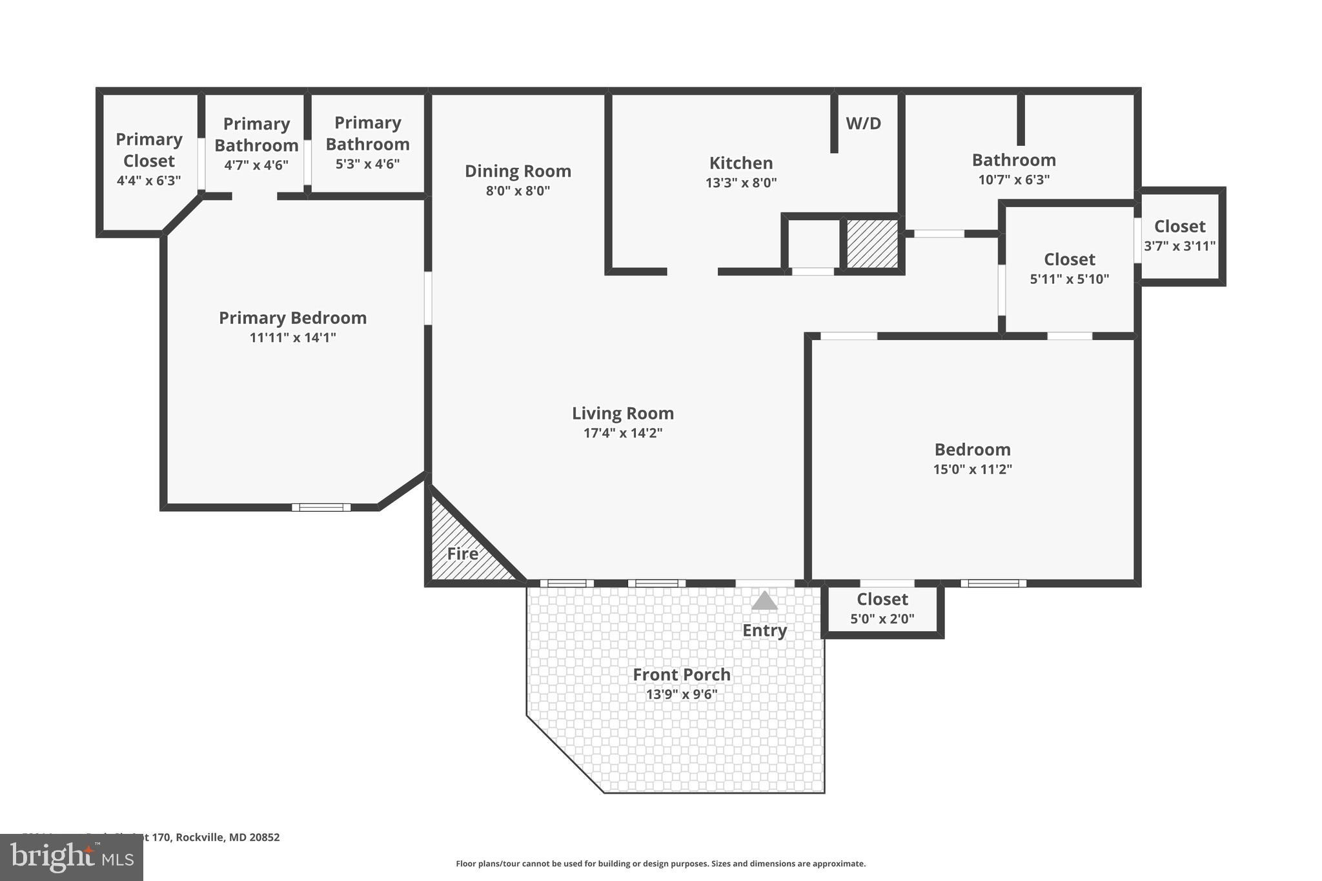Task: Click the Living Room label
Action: pos(622,413)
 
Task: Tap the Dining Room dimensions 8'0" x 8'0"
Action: pos(518,191)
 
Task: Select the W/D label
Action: pos(863,123)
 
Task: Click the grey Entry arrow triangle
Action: pos(764,602)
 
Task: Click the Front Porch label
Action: pos(681,674)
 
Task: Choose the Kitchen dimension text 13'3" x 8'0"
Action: pos(740,183)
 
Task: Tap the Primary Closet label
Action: pos(148,150)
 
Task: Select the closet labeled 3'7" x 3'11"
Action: pos(1179,236)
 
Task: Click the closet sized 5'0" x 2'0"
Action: pos(882,609)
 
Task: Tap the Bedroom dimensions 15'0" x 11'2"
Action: pos(972,469)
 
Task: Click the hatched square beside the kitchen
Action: pos(872,243)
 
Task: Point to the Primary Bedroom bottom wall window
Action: pos(321,507)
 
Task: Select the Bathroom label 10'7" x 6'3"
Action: pos(1013,169)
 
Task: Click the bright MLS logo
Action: pos(71,857)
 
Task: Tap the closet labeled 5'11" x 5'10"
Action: pos(1069,268)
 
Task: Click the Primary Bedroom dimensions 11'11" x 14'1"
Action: pos(292,338)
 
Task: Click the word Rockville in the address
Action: pos(200,837)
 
